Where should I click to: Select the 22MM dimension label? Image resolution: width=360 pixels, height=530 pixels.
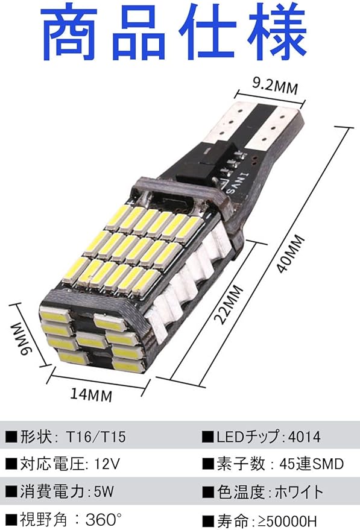(229, 304)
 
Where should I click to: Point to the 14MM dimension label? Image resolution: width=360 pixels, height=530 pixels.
(91, 394)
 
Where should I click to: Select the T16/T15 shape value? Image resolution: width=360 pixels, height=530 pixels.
(96, 437)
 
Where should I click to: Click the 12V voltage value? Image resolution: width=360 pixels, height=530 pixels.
(107, 464)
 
